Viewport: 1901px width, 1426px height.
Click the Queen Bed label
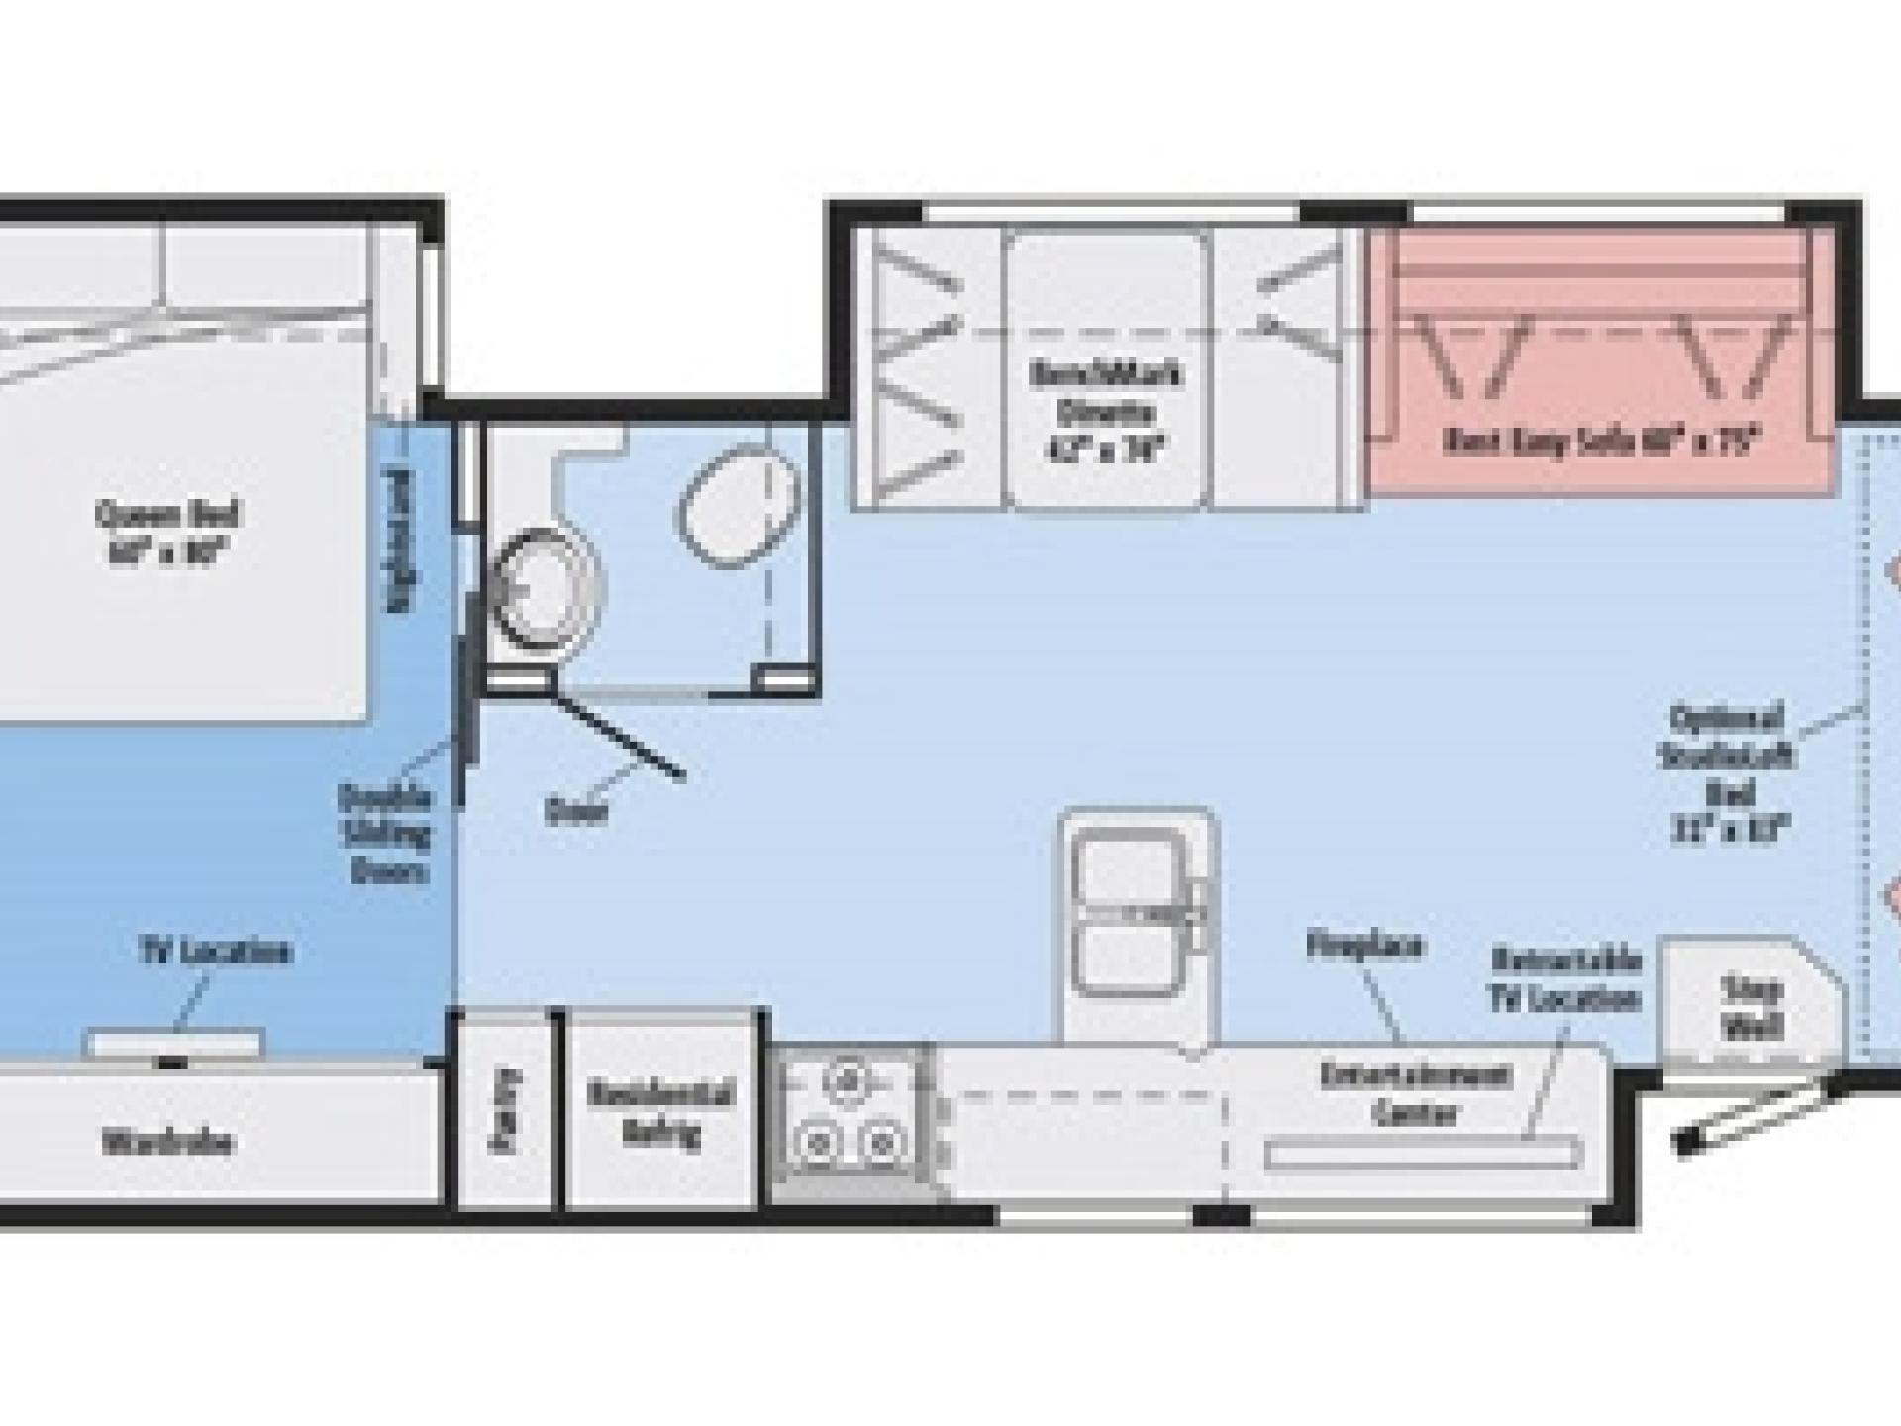[167, 532]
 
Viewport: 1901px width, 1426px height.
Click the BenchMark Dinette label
[1106, 412]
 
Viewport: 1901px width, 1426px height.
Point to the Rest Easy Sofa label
[1600, 440]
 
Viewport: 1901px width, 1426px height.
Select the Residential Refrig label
[660, 1112]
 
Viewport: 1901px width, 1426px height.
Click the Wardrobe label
[167, 1142]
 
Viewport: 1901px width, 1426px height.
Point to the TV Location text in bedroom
[215, 951]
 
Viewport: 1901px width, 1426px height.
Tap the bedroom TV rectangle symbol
[174, 1043]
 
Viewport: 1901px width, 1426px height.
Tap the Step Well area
[1751, 1007]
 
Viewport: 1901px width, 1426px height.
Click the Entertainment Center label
[1416, 1093]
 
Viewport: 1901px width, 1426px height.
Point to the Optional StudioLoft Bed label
[1728, 772]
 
